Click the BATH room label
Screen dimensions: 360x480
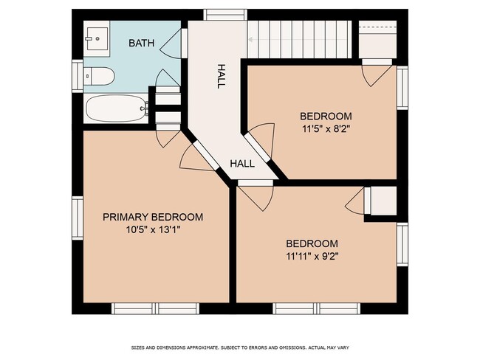(142, 44)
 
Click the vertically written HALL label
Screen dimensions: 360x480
(220, 75)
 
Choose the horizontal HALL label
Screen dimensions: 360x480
(242, 163)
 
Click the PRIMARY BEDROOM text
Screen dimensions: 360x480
(152, 217)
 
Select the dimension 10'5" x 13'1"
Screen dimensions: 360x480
(152, 230)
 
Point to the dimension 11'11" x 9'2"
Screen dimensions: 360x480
(312, 257)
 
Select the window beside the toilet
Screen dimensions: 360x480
(77, 75)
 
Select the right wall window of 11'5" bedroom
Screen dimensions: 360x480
(402, 88)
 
